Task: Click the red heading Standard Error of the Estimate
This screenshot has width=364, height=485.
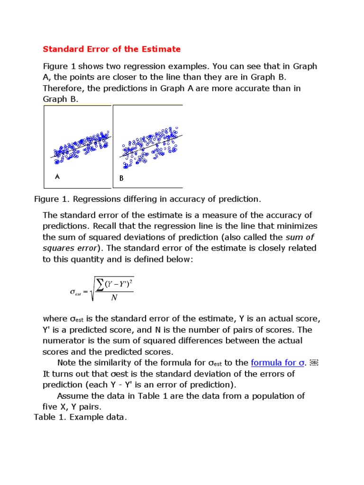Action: (112, 49)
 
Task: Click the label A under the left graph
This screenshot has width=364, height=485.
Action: (57, 177)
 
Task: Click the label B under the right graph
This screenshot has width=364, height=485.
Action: (121, 179)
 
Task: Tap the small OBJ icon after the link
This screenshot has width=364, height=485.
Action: (314, 363)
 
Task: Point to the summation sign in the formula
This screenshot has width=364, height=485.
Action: (100, 284)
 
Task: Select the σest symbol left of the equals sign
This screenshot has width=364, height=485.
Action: (75, 293)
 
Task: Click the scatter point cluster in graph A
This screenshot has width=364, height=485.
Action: (81, 146)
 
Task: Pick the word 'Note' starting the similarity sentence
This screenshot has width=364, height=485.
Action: (67, 363)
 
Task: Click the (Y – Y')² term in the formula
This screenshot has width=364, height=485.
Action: (119, 284)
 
